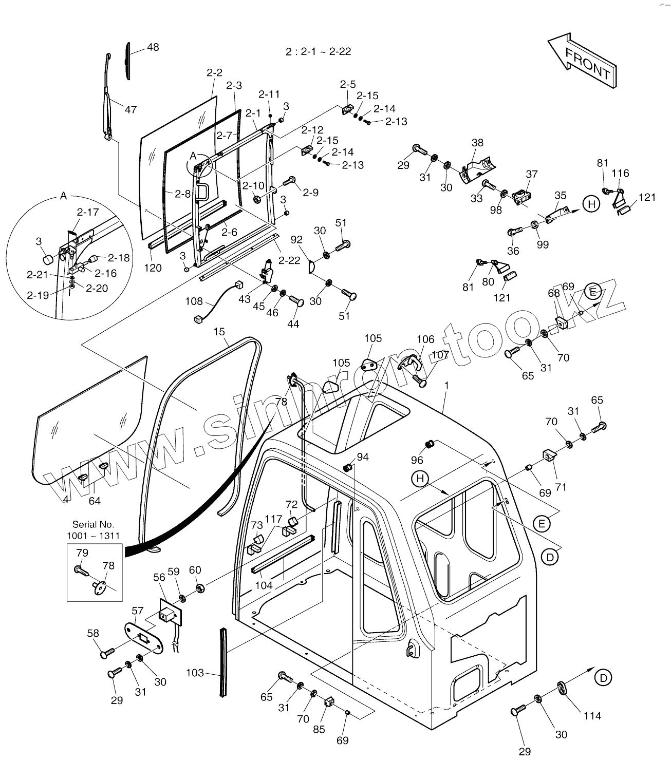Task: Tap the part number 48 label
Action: [153, 47]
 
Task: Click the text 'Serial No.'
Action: [93, 524]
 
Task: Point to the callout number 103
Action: [195, 673]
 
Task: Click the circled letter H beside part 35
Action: [591, 204]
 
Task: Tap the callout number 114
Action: [592, 715]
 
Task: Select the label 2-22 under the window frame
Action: [289, 260]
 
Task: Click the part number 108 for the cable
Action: [194, 301]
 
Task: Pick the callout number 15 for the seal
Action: [219, 332]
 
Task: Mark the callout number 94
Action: [363, 457]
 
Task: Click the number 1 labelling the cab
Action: [447, 385]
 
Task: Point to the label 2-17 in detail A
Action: [87, 212]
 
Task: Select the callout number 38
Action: [477, 142]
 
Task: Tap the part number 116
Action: [620, 173]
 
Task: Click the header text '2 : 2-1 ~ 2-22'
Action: [318, 51]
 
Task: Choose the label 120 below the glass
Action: [153, 268]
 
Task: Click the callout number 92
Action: [296, 240]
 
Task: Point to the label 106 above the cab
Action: [425, 339]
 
